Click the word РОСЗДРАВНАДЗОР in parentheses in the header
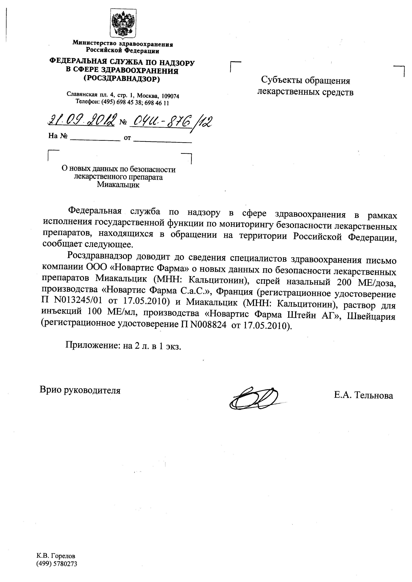coord(122,79)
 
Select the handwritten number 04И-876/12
coord(170,122)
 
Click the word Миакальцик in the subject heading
coord(118,185)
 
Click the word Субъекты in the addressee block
coord(282,81)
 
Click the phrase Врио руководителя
coord(80,390)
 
